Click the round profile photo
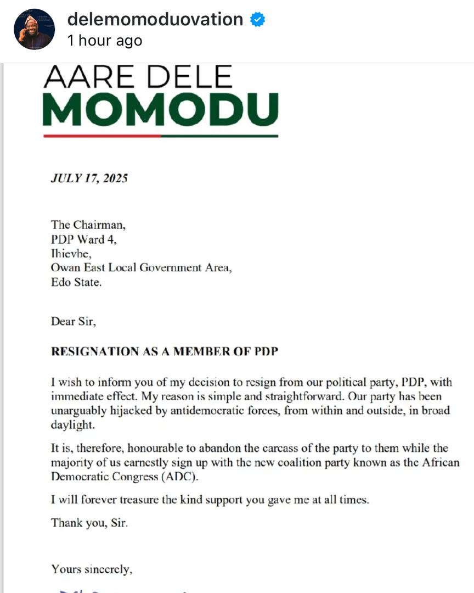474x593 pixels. click(x=34, y=29)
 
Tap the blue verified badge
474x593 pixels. click(x=258, y=20)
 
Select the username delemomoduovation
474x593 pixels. click(x=155, y=19)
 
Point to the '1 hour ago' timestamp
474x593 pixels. click(x=104, y=41)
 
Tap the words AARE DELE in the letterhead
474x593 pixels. click(x=138, y=77)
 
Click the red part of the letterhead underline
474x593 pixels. click(x=101, y=136)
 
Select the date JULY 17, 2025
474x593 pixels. click(x=89, y=178)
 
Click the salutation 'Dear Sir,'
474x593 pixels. click(x=74, y=322)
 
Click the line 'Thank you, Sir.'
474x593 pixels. click(x=89, y=523)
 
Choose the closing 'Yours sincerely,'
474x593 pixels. click(x=92, y=569)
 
